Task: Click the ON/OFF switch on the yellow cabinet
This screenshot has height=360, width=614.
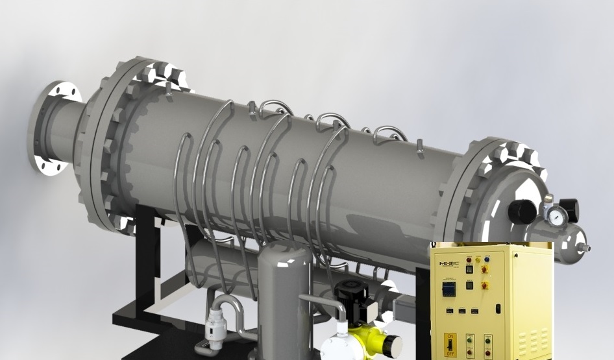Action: point(450,344)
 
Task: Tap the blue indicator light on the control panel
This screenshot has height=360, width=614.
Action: point(486,259)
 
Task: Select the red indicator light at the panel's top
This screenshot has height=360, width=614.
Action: point(469,259)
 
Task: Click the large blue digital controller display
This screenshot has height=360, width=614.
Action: point(449,288)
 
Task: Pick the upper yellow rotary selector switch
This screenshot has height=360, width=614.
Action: point(484,269)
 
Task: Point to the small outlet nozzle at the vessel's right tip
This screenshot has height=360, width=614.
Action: point(587,248)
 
